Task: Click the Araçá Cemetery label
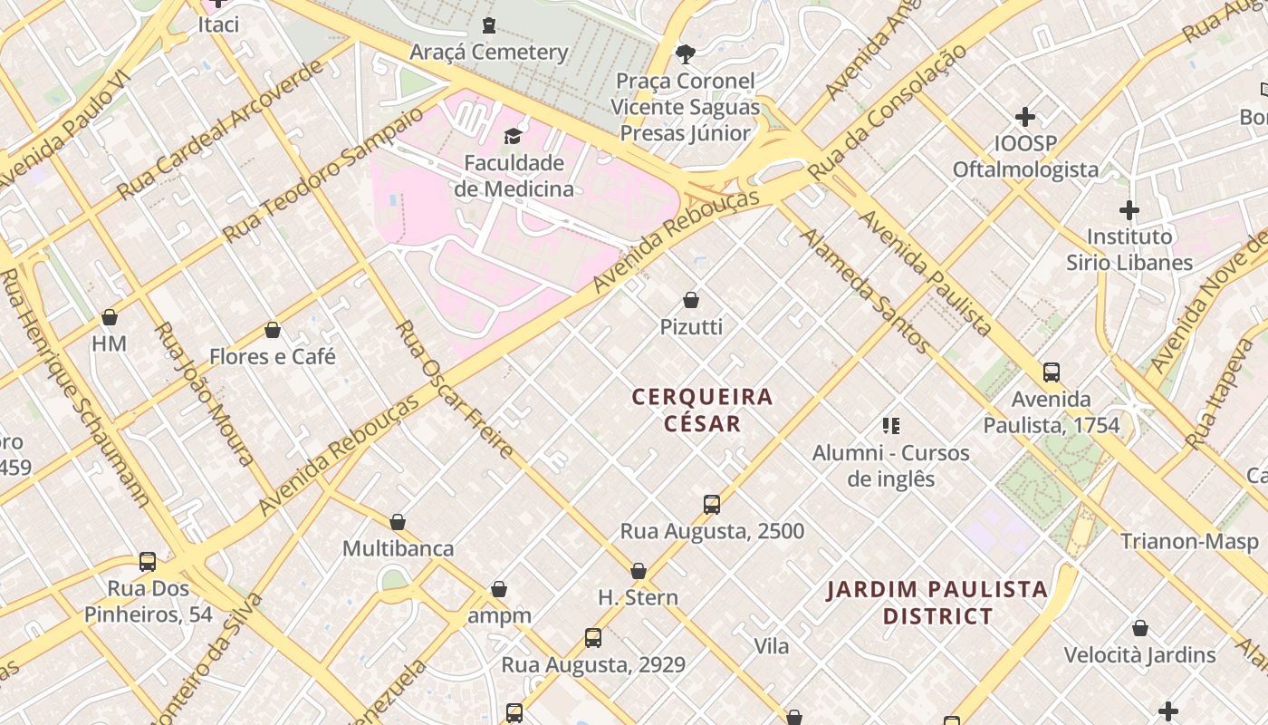pos(489,52)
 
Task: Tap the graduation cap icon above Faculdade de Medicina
pos(514,137)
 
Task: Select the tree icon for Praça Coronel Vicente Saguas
pos(686,53)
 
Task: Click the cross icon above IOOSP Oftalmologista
pos(1025,117)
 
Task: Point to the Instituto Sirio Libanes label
pos(1141,249)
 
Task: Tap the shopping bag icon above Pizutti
pos(691,300)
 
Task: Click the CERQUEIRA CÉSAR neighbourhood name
pos(703,410)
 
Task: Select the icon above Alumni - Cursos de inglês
pos(891,425)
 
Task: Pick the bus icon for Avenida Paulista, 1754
pos(1052,372)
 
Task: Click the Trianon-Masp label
pos(1189,542)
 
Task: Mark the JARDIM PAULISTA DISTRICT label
pos(937,603)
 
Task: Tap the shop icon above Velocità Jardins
pos(1140,628)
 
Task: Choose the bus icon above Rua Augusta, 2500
pos(712,504)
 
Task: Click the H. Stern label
pos(638,597)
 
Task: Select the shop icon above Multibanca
pos(398,522)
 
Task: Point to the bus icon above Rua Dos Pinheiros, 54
pos(148,562)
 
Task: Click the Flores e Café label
pos(273,356)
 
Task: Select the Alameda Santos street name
pos(864,290)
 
